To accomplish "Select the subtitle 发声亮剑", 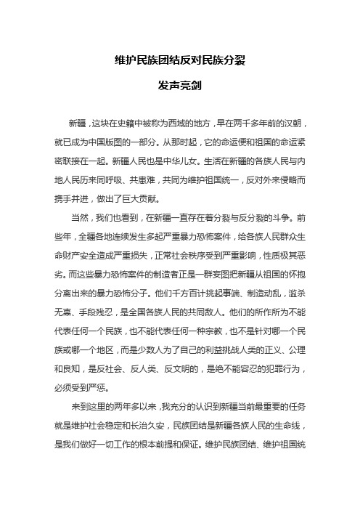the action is point(179,86).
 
